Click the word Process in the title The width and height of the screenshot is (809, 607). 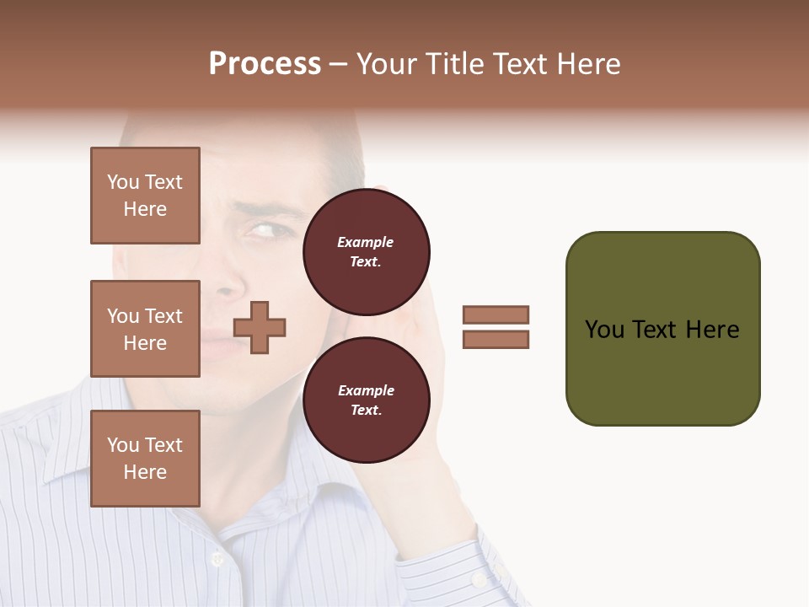[x=265, y=64]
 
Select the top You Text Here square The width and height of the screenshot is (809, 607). [x=145, y=196]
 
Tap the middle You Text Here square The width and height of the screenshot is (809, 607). [x=145, y=329]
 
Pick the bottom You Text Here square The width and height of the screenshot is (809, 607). [x=145, y=459]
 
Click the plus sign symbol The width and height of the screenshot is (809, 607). [x=260, y=327]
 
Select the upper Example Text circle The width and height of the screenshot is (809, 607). [x=366, y=252]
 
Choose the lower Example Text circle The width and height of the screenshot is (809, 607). [x=366, y=400]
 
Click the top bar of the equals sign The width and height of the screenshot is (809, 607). [x=496, y=314]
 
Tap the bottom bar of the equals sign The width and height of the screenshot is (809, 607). [x=496, y=340]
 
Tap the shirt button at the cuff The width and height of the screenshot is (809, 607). [x=478, y=579]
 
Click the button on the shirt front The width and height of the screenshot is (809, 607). [x=217, y=558]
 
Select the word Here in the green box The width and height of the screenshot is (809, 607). [x=712, y=330]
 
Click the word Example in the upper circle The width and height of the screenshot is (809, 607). [x=366, y=243]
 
